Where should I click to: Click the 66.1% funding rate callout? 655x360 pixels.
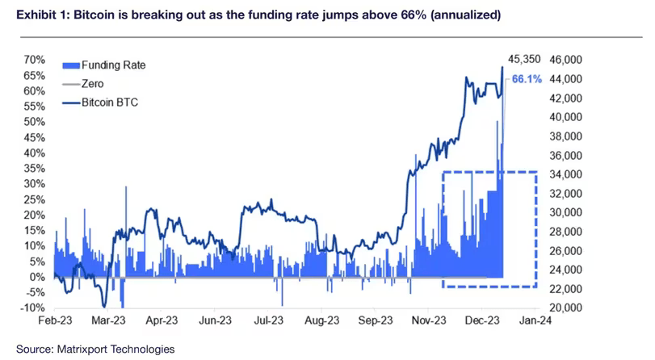point(527,80)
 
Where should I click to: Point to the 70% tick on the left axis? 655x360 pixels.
point(34,60)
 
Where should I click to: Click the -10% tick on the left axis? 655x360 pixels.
point(33,308)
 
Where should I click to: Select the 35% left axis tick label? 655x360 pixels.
point(34,168)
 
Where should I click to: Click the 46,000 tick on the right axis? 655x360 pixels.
point(566,60)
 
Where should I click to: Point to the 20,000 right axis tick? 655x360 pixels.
point(566,308)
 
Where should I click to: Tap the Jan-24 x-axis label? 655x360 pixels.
point(541,322)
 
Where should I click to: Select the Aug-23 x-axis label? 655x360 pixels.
point(321,322)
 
